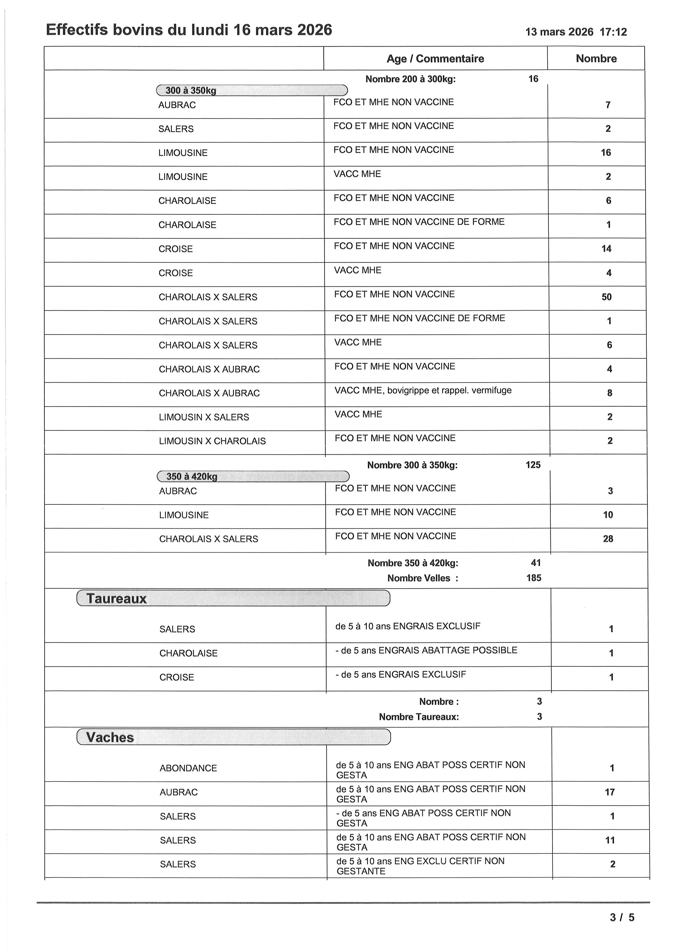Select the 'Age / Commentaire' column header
tap(435, 58)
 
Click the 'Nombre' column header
tap(596, 58)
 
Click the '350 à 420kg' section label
tap(192, 476)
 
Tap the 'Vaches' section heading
tap(110, 737)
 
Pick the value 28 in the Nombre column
tap(608, 539)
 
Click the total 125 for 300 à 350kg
tap(533, 465)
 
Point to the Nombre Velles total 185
tap(534, 578)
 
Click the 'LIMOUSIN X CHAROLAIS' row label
tap(212, 441)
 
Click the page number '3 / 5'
tap(622, 917)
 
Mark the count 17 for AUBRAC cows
tap(609, 792)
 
